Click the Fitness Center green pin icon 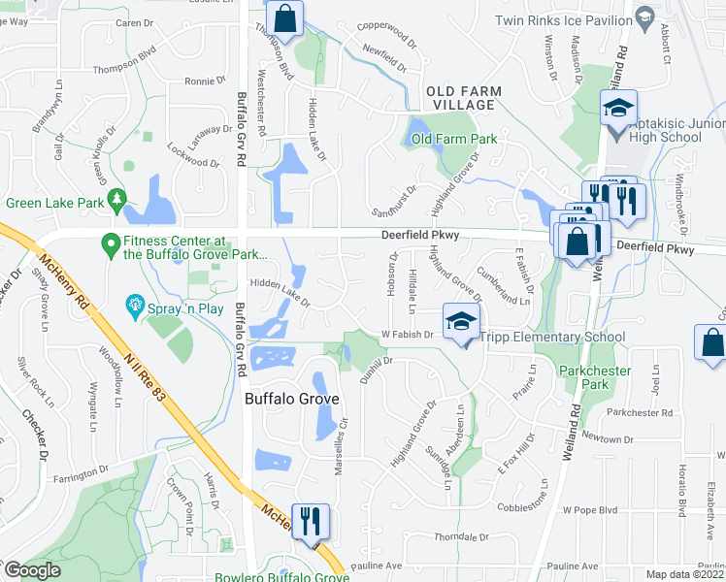coord(111,242)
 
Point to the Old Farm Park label coord(453,139)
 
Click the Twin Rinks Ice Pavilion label coord(561,20)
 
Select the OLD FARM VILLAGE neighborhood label coord(464,98)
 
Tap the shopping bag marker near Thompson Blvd coord(285,16)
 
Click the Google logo coord(32,571)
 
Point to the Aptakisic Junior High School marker coord(617,109)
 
